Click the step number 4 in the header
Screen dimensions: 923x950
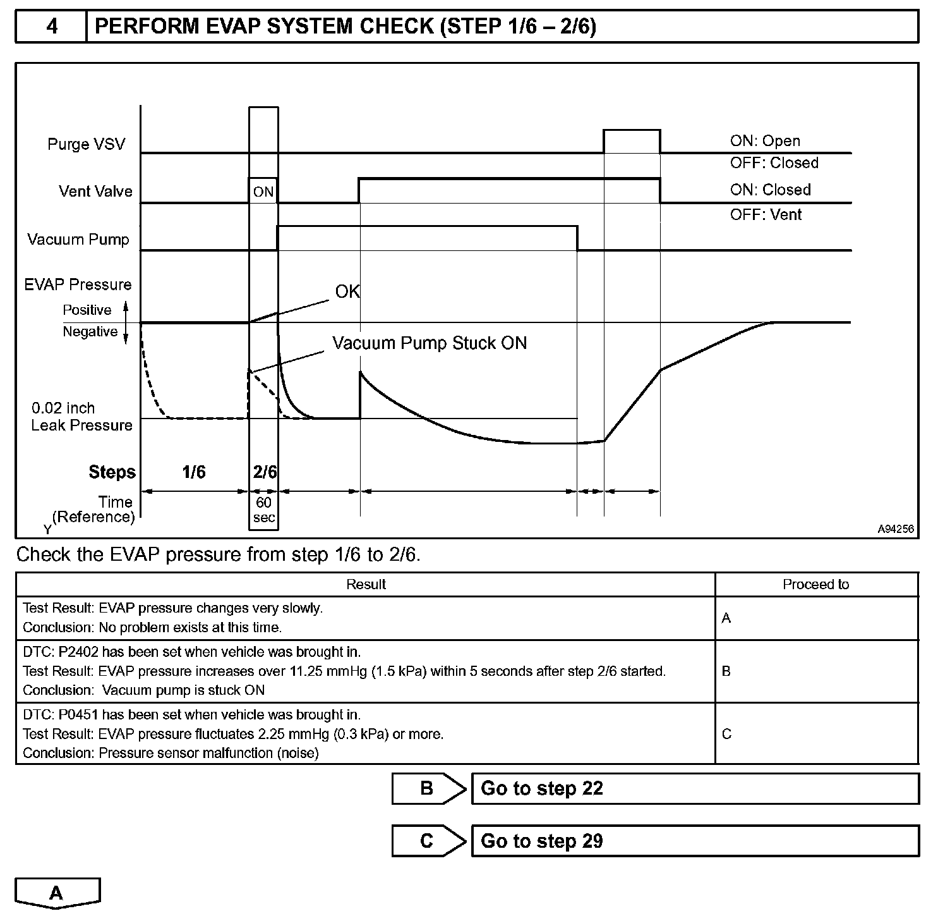tap(52, 27)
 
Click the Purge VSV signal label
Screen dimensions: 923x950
tap(87, 144)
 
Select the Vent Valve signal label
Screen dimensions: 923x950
tap(95, 192)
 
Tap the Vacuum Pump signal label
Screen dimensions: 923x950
tap(78, 240)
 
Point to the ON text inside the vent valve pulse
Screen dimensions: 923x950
tap(263, 192)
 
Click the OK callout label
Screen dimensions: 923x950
tap(347, 291)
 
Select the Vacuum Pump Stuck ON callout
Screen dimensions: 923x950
tap(430, 343)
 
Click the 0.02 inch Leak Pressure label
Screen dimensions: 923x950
tap(81, 417)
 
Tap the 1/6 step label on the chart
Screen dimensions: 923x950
tap(194, 472)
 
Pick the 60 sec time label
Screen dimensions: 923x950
tap(264, 510)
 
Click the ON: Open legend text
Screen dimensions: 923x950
tap(765, 141)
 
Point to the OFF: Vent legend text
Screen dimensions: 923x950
tap(766, 215)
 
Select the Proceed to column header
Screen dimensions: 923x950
tap(815, 585)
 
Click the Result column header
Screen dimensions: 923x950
tap(366, 585)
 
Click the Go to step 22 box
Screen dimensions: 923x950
tap(695, 789)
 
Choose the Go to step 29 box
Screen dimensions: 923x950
tap(695, 841)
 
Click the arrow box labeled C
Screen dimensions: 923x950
tap(428, 841)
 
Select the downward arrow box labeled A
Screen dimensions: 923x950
tap(57, 893)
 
